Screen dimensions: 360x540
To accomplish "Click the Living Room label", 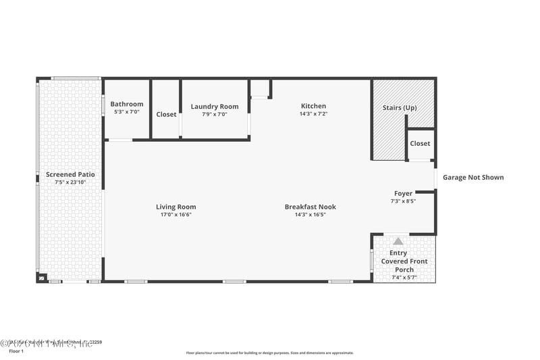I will [x=175, y=207].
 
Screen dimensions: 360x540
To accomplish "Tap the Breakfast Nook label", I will [x=310, y=207].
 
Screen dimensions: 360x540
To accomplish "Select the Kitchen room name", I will [x=313, y=106].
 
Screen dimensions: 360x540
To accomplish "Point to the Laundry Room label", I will [x=215, y=107].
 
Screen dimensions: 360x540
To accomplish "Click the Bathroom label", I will [x=127, y=104].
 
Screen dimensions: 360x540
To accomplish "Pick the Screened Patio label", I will [x=70, y=174].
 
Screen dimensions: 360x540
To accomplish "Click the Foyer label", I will [x=403, y=193].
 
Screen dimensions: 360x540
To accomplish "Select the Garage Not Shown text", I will [x=473, y=178].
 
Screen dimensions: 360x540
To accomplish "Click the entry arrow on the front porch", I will [x=398, y=241].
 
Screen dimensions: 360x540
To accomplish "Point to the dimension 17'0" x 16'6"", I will [x=175, y=215].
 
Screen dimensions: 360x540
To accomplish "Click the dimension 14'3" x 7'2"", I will [x=313, y=114].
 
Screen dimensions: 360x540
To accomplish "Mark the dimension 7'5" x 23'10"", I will [x=70, y=182].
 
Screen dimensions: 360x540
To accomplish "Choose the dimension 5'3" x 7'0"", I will [x=127, y=112].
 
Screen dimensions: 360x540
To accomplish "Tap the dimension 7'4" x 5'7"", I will [x=404, y=278].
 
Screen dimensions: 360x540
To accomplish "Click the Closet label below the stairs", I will [x=420, y=143].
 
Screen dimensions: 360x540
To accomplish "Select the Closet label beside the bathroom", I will [x=166, y=114].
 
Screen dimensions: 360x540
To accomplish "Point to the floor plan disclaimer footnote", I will [x=269, y=353].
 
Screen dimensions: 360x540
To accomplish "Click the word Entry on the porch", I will [x=398, y=253].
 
